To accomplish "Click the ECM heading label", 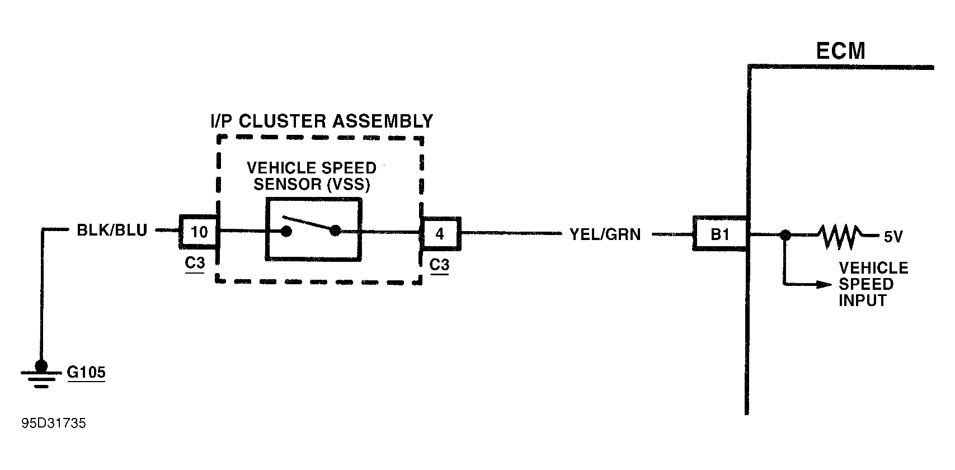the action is click(x=840, y=51).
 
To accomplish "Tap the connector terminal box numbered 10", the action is click(x=199, y=232).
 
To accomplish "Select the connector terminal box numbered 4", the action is click(x=440, y=234).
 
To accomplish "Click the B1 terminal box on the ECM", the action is click(x=720, y=234).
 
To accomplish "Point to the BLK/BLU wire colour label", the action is click(x=112, y=231).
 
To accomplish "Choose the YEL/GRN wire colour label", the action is click(x=605, y=234).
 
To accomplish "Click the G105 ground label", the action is click(x=86, y=372).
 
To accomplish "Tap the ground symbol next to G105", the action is click(x=41, y=374).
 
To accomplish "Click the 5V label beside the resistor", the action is click(x=893, y=237).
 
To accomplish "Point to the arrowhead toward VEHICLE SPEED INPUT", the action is click(x=824, y=284).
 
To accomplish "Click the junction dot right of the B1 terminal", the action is click(x=785, y=235).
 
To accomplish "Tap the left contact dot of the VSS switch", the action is click(x=286, y=232).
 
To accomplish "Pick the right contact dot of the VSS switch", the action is click(x=336, y=231).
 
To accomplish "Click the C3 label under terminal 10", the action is click(x=195, y=263).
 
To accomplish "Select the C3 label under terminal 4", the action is click(x=439, y=265).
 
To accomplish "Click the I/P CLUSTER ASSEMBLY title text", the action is click(x=322, y=121).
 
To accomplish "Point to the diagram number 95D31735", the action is click(x=54, y=423).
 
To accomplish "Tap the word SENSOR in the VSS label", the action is click(x=288, y=184).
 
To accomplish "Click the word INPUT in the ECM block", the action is click(x=863, y=300).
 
